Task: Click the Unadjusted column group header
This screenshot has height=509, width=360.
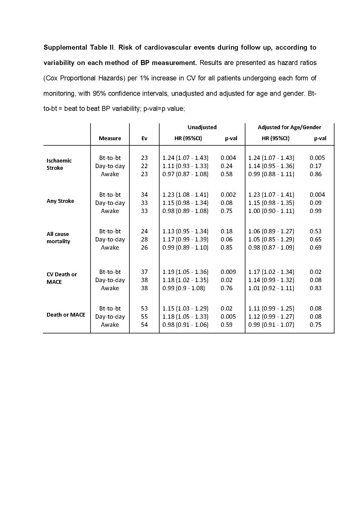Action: coord(202,127)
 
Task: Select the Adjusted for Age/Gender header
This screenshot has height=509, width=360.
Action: coord(289,127)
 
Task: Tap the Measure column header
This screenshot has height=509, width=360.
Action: coord(110,138)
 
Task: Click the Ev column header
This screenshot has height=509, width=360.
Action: coord(144,138)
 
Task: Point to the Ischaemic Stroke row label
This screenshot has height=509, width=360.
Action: coord(59,164)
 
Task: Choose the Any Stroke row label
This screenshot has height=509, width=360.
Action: coord(60,201)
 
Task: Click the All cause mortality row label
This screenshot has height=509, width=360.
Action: coord(58,237)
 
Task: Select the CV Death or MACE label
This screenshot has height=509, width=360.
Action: coord(61,278)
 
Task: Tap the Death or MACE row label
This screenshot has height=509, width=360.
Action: coord(66,315)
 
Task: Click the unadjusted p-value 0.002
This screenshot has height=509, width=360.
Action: coord(228,194)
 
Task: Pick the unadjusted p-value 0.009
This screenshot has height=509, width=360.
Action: coord(228,272)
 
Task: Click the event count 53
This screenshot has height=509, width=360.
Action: coord(144,308)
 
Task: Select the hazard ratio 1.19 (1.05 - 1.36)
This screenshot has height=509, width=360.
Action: coord(185,272)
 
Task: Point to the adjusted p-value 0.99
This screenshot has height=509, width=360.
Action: coord(315,211)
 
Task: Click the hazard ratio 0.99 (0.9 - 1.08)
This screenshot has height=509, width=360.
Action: coord(183,288)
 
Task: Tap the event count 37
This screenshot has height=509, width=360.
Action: coord(144,272)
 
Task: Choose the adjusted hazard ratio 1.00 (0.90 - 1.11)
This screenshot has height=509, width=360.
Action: coord(271,211)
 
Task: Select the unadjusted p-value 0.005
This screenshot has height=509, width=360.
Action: coord(228,316)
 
